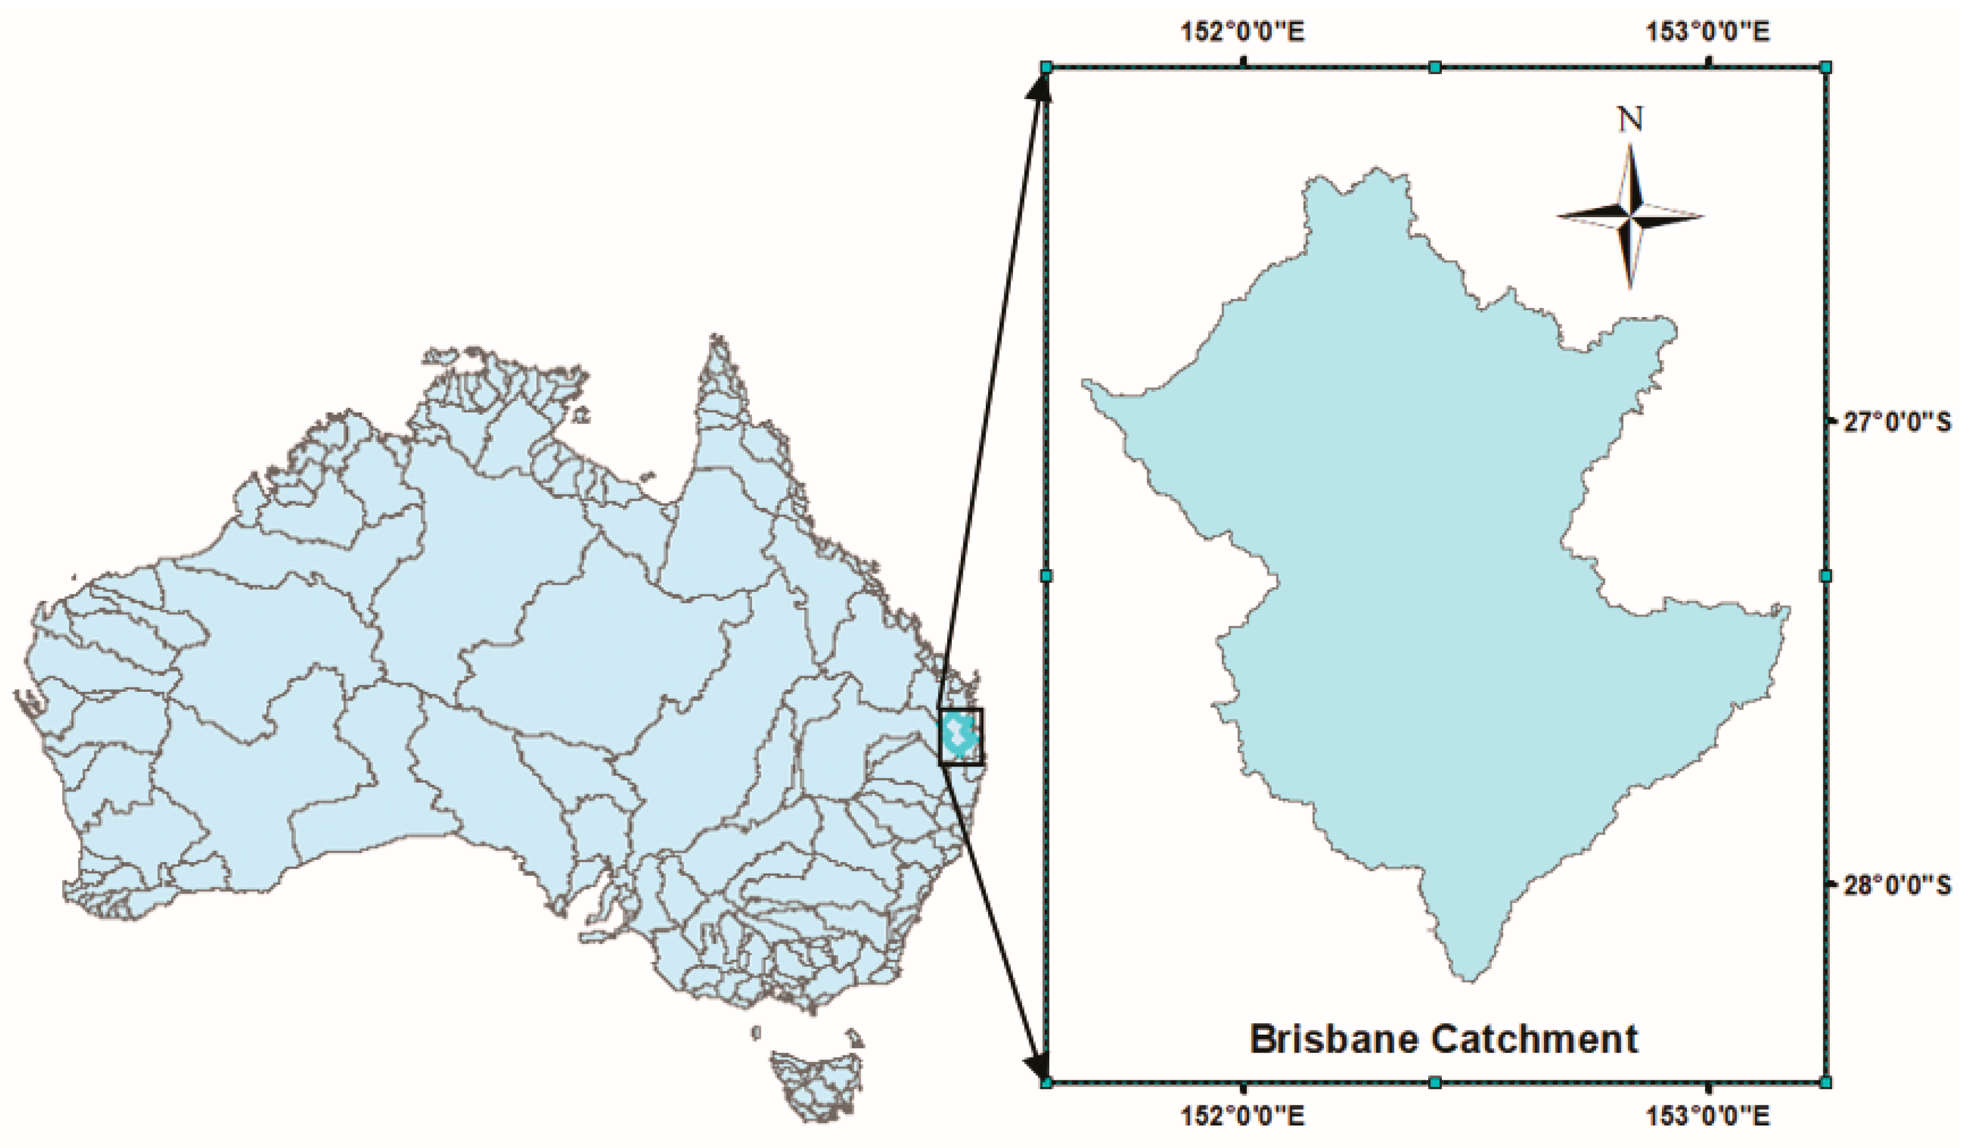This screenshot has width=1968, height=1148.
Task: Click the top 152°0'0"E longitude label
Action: tap(1242, 33)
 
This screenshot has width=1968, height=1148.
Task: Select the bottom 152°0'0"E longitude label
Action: tap(1242, 1118)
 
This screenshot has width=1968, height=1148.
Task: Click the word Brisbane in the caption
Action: tap(1332, 1039)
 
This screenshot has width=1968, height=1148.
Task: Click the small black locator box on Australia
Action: tap(961, 736)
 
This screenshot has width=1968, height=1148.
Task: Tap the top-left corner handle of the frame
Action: tap(1047, 68)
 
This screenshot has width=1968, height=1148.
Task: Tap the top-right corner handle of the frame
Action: tap(1826, 68)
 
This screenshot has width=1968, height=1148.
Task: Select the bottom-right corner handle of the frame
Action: tap(1826, 1082)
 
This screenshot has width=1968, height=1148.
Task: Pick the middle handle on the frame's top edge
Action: tap(1435, 68)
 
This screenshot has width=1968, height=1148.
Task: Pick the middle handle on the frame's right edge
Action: tap(1826, 576)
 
